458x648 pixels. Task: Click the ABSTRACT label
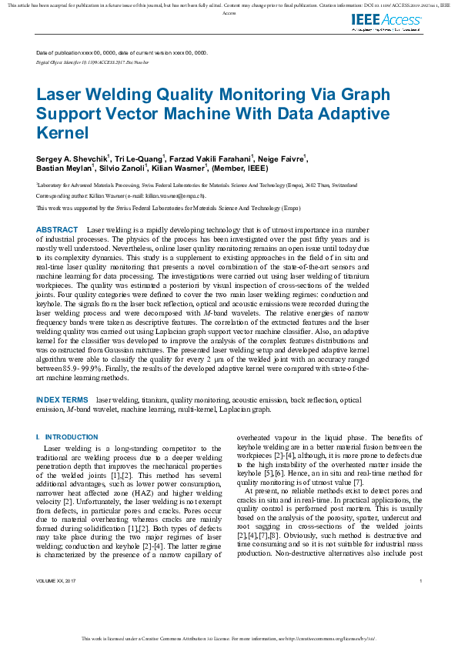click(x=57, y=230)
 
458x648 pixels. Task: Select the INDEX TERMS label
click(x=62, y=400)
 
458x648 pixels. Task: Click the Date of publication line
click(x=122, y=52)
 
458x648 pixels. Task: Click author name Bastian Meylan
click(x=65, y=168)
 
